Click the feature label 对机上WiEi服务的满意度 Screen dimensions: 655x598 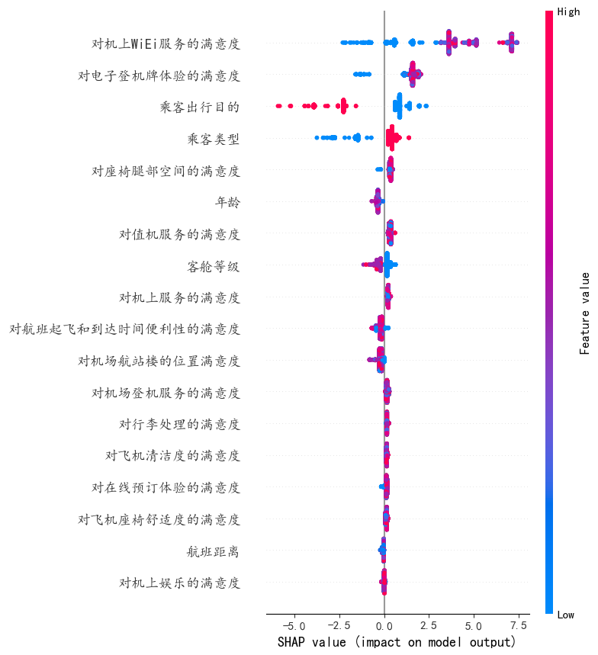click(x=166, y=43)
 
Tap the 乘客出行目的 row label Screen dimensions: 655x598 click(x=200, y=107)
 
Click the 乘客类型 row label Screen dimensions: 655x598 click(x=213, y=139)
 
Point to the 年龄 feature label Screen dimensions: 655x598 click(x=227, y=202)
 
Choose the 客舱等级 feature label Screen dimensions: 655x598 click(x=213, y=266)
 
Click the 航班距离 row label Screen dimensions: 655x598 click(x=213, y=551)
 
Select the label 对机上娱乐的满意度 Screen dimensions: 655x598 click(x=179, y=583)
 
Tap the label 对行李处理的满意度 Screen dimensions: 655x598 click(x=179, y=424)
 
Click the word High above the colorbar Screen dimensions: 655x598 click(x=568, y=11)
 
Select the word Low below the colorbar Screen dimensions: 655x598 click(x=566, y=615)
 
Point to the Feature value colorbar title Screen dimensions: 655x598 click(x=584, y=313)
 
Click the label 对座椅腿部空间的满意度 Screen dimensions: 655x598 click(x=166, y=171)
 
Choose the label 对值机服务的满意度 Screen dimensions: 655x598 click(x=179, y=234)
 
